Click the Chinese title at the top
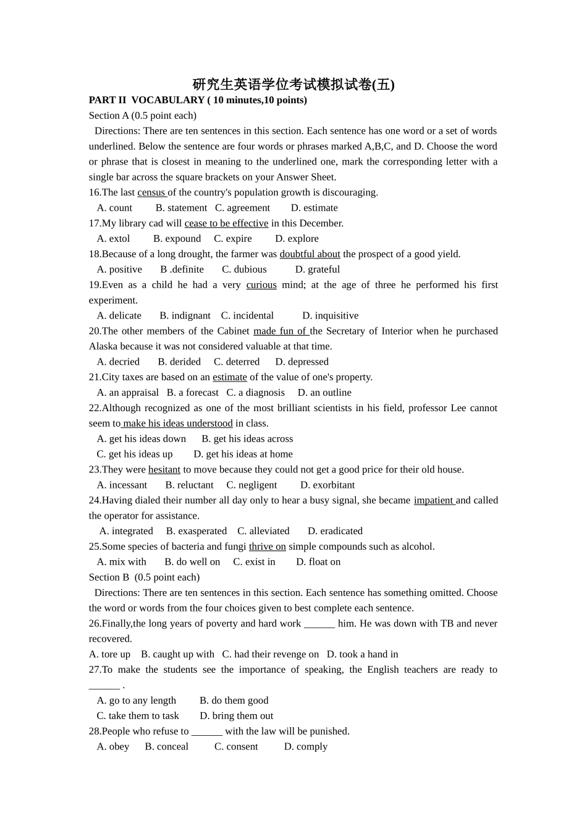tap(293, 84)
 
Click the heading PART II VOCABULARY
tap(198, 100)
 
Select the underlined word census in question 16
tap(151, 192)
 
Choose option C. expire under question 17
tap(233, 239)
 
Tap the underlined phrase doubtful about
tap(310, 254)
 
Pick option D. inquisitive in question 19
tap(330, 316)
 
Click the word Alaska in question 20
tap(103, 346)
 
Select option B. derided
tap(179, 362)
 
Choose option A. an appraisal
tap(128, 393)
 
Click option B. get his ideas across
tap(247, 439)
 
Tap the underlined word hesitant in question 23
tap(164, 470)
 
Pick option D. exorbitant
tap(327, 485)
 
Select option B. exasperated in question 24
tap(196, 531)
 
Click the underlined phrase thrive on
tap(267, 547)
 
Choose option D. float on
tap(318, 562)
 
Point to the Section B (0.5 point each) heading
tap(144, 577)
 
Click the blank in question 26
tap(319, 624)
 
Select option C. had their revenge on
tap(271, 654)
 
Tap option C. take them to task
tap(138, 716)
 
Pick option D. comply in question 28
tap(306, 747)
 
